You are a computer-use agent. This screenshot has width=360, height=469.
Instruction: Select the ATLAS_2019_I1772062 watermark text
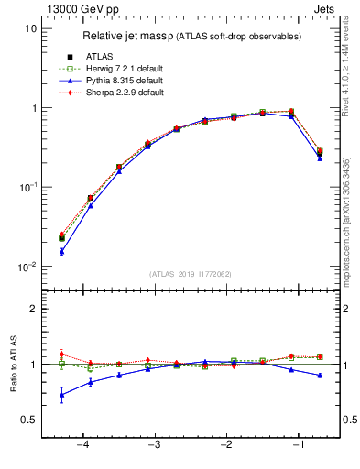click(x=190, y=273)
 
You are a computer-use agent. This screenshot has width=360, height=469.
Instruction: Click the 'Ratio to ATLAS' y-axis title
click(x=13, y=365)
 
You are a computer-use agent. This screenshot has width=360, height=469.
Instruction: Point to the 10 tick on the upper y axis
click(x=31, y=28)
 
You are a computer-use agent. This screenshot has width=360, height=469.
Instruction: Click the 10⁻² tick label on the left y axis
click(x=27, y=267)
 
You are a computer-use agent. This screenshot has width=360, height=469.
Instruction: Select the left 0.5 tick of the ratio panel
click(x=29, y=420)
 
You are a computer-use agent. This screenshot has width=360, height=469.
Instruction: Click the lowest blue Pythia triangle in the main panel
click(x=61, y=251)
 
